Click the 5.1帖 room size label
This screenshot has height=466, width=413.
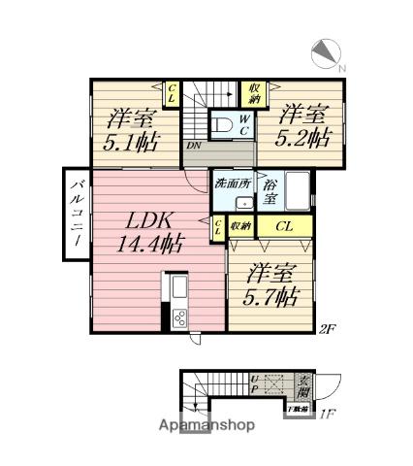click(126, 142)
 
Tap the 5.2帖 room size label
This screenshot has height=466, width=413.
click(303, 136)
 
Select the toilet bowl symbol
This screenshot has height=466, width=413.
click(221, 126)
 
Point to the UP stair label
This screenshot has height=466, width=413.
click(255, 386)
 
